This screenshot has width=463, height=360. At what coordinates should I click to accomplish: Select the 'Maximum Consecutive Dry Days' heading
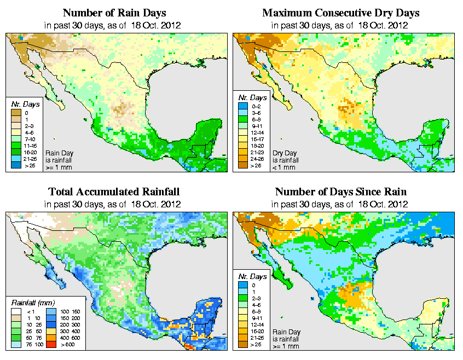tap(340, 13)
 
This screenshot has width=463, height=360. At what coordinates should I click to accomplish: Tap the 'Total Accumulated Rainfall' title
tap(114, 192)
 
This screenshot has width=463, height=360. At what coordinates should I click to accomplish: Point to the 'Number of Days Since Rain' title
tap(340, 192)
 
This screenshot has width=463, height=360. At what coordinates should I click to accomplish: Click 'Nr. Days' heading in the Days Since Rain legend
tap(251, 276)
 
